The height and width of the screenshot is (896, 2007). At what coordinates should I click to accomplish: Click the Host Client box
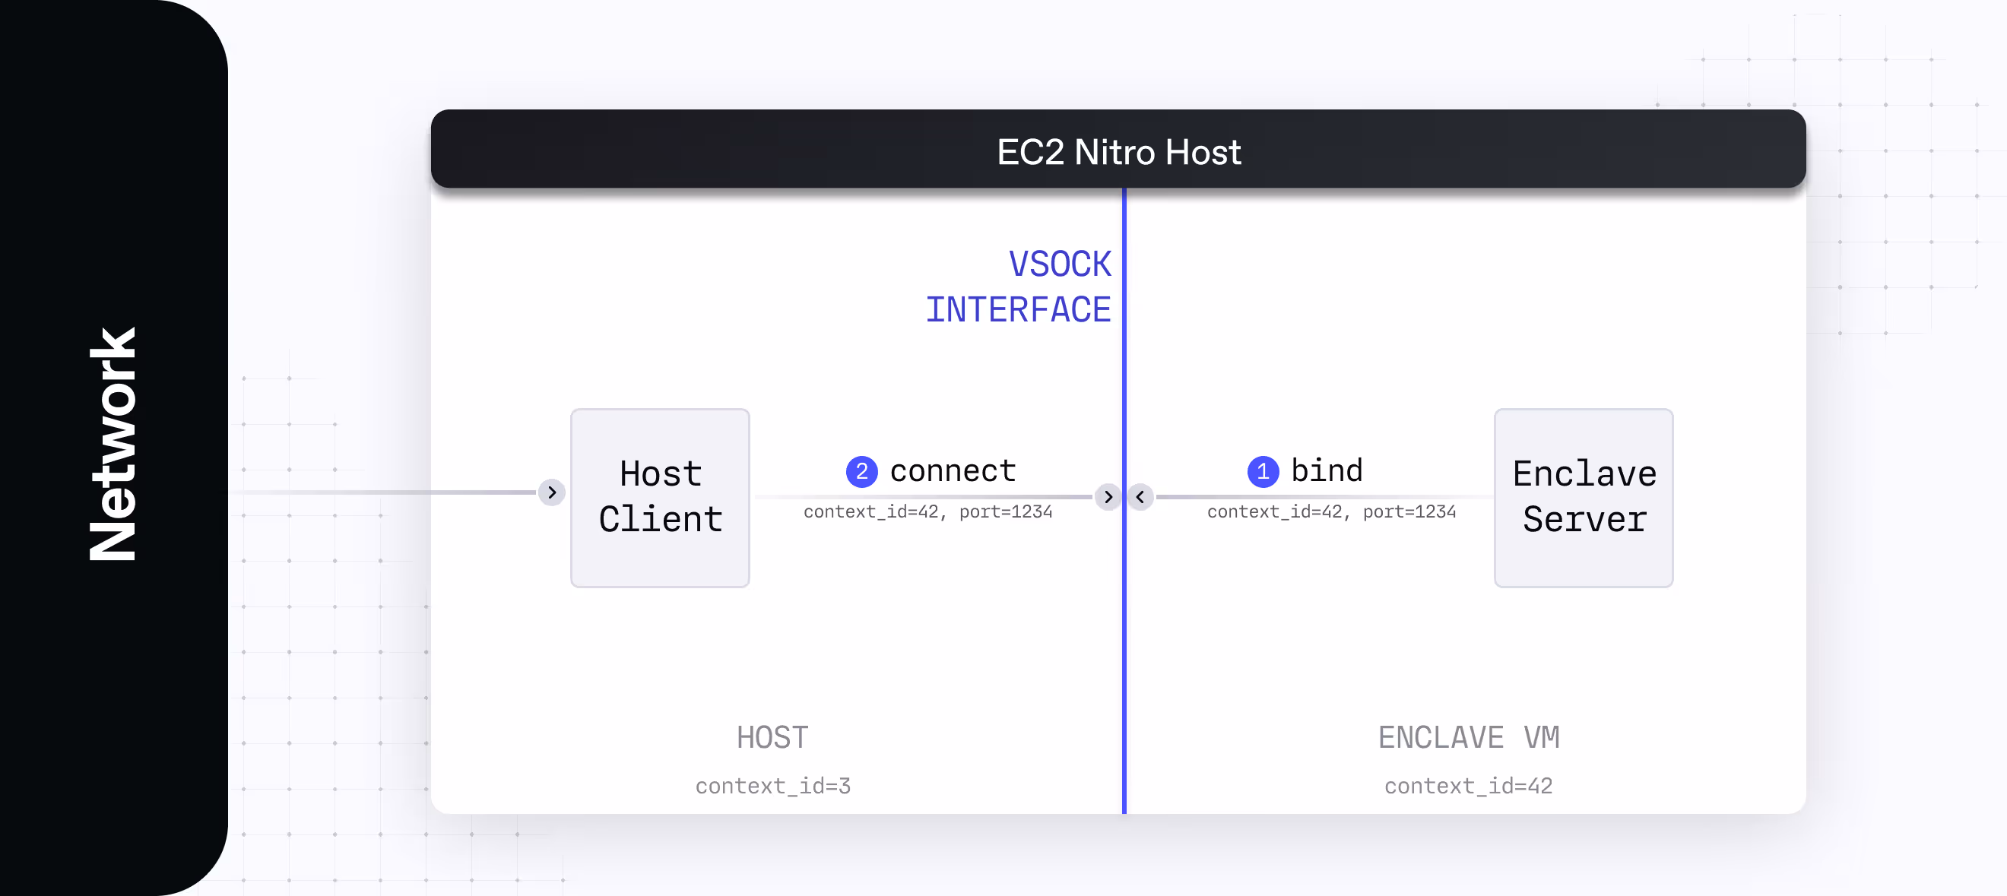660,497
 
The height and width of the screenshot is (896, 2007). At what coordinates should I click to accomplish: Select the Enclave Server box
1583,497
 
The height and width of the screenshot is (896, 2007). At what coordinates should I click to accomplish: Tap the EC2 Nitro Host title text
1119,152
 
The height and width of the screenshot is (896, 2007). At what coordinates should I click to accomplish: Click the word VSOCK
1060,264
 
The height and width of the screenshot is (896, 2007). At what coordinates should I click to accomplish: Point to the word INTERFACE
1018,309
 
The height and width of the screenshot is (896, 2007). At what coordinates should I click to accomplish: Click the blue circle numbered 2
861,471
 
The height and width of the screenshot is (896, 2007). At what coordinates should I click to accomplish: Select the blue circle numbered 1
1263,471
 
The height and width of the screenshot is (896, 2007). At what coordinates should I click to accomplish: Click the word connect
953,470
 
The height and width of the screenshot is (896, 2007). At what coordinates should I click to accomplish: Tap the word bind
1327,470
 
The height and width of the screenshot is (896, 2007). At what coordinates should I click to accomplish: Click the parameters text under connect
928,511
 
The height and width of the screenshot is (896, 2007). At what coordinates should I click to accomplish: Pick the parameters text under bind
1331,511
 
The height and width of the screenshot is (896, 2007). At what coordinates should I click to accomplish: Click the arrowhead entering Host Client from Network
552,492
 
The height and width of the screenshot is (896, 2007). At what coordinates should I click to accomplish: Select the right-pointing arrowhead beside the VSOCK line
1108,496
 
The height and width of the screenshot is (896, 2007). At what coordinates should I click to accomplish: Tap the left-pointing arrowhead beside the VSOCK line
1140,496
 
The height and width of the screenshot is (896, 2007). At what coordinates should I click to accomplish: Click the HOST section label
773,737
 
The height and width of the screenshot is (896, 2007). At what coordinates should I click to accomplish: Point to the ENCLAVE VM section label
1469,737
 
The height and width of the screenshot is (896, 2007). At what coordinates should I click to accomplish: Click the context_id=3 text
773,785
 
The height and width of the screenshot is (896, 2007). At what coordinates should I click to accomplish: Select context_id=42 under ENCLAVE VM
1469,785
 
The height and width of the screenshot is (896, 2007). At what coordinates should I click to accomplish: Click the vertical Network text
113,444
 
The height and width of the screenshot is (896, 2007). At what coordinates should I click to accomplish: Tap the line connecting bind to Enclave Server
1324,496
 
